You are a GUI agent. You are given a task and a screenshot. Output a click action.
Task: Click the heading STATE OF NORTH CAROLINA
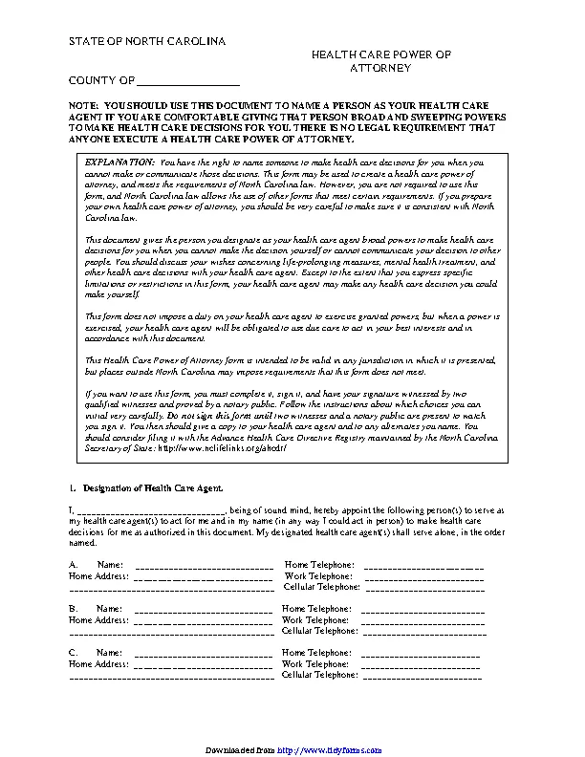146,44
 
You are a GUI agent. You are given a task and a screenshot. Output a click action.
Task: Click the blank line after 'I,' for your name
150,512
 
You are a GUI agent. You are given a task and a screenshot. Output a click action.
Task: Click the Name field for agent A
204,565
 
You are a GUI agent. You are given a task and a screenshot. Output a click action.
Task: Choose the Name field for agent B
204,608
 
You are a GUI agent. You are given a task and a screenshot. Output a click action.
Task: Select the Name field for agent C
204,651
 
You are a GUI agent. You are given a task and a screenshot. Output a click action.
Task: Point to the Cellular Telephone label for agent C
320,674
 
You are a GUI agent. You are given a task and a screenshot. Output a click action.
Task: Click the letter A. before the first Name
74,565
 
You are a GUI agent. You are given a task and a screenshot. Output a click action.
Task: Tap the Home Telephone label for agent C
319,651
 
